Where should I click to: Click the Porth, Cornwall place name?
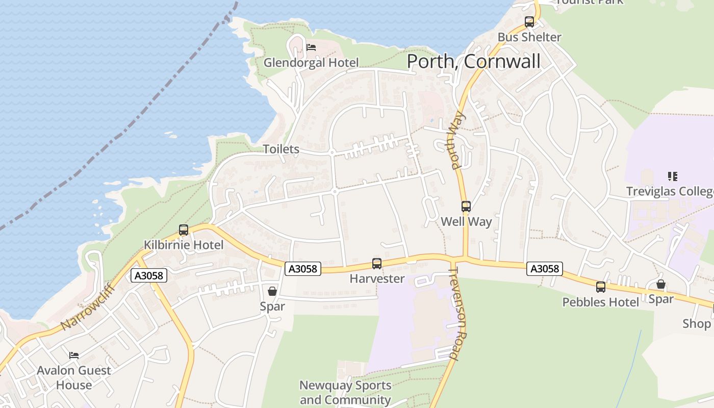(x=473, y=62)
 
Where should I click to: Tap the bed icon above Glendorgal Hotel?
(x=311, y=48)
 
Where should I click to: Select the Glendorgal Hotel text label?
(x=311, y=63)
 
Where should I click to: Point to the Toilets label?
(x=281, y=149)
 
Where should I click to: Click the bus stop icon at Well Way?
(x=466, y=207)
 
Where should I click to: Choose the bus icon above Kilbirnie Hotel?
(x=184, y=230)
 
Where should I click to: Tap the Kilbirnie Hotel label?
(x=184, y=245)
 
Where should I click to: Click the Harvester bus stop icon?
(x=377, y=264)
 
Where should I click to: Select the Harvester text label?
(x=377, y=278)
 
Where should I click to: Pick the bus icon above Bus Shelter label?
(x=529, y=22)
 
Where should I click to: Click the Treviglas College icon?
(x=673, y=176)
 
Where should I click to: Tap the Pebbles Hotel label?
(x=600, y=302)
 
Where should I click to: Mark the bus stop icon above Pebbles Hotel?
(x=601, y=287)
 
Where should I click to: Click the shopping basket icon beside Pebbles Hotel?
(x=661, y=284)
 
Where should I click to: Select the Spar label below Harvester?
(x=272, y=306)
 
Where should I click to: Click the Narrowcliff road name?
(x=88, y=308)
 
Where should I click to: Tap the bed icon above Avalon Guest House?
(x=74, y=355)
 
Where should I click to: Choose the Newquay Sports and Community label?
(x=345, y=392)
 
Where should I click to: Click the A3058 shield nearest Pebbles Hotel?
(x=545, y=268)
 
